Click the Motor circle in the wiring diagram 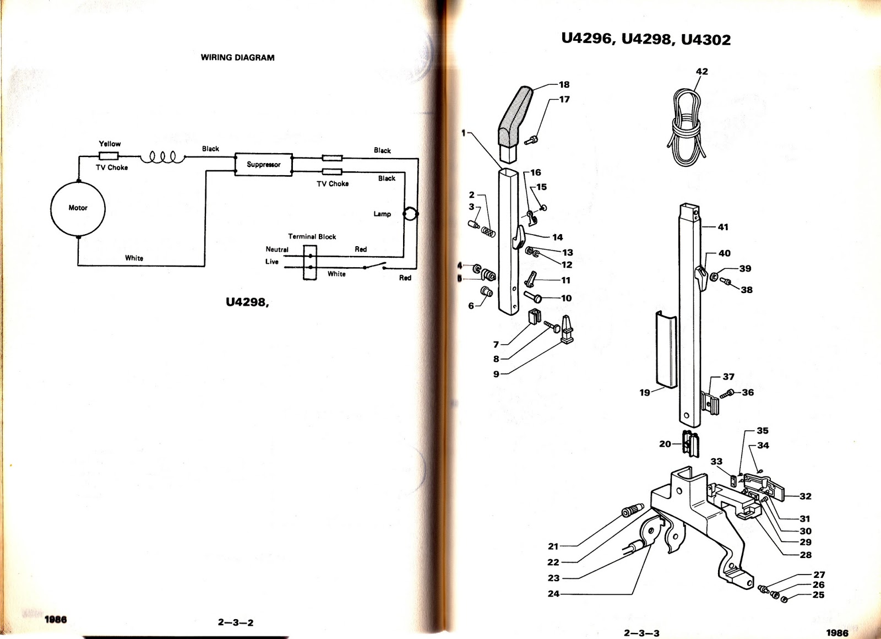pos(78,208)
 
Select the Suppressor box pos(263,164)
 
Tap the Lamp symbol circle pos(411,214)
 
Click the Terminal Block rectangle pos(310,262)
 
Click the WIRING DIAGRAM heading pos(237,57)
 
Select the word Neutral pos(277,250)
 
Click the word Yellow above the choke pos(110,144)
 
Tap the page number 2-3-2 pos(236,622)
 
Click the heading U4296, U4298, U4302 pos(646,39)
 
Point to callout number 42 pos(701,72)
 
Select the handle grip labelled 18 pos(515,116)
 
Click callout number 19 pos(645,393)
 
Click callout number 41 pos(723,227)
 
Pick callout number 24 pos(553,594)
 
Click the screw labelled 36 pos(730,393)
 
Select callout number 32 pos(805,496)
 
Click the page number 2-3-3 pos(641,633)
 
